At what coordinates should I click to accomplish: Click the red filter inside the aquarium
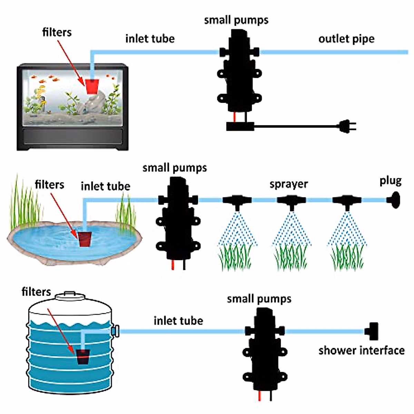point(92,86)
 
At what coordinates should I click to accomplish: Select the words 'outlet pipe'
point(346,39)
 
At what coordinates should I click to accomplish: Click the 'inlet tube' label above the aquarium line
point(150,38)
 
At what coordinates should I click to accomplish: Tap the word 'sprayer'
point(289,184)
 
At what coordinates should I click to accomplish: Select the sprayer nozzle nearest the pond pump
point(237,201)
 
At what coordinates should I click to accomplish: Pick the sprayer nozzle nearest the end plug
point(347,201)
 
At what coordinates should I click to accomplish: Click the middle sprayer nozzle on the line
point(292,201)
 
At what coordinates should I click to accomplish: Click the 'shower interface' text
point(362,351)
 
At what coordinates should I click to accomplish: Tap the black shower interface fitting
point(373,331)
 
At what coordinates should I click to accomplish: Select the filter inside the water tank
point(83,357)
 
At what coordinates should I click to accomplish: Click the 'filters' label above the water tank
point(36,292)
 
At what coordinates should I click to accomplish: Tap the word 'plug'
point(391,181)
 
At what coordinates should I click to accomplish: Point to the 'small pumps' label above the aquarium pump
point(236,20)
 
